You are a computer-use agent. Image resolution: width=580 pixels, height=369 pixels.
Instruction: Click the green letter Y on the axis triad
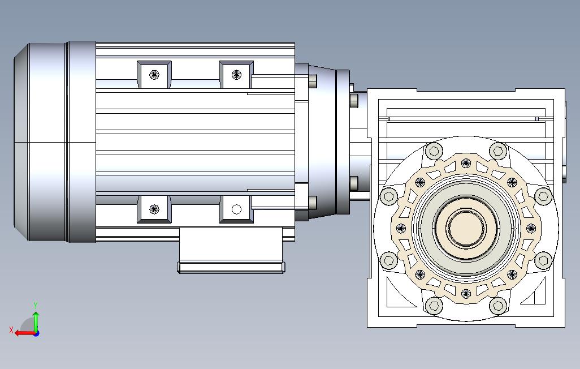[36, 305]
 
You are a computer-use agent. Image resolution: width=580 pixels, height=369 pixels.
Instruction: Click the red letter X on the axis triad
[11, 330]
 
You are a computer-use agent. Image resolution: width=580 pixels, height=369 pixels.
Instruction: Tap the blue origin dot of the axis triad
[36, 333]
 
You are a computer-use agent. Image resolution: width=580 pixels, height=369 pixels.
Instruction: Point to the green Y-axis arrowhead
[36, 314]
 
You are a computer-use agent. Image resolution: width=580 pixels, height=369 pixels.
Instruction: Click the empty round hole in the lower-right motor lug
[236, 209]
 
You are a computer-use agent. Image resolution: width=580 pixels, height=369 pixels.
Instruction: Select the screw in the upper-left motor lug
[154, 75]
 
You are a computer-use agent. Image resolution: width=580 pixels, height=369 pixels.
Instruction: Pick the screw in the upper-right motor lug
[236, 75]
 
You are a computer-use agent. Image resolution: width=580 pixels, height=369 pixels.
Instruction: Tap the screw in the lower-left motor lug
[154, 209]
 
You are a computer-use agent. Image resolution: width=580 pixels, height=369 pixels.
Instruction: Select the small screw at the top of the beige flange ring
[466, 163]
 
